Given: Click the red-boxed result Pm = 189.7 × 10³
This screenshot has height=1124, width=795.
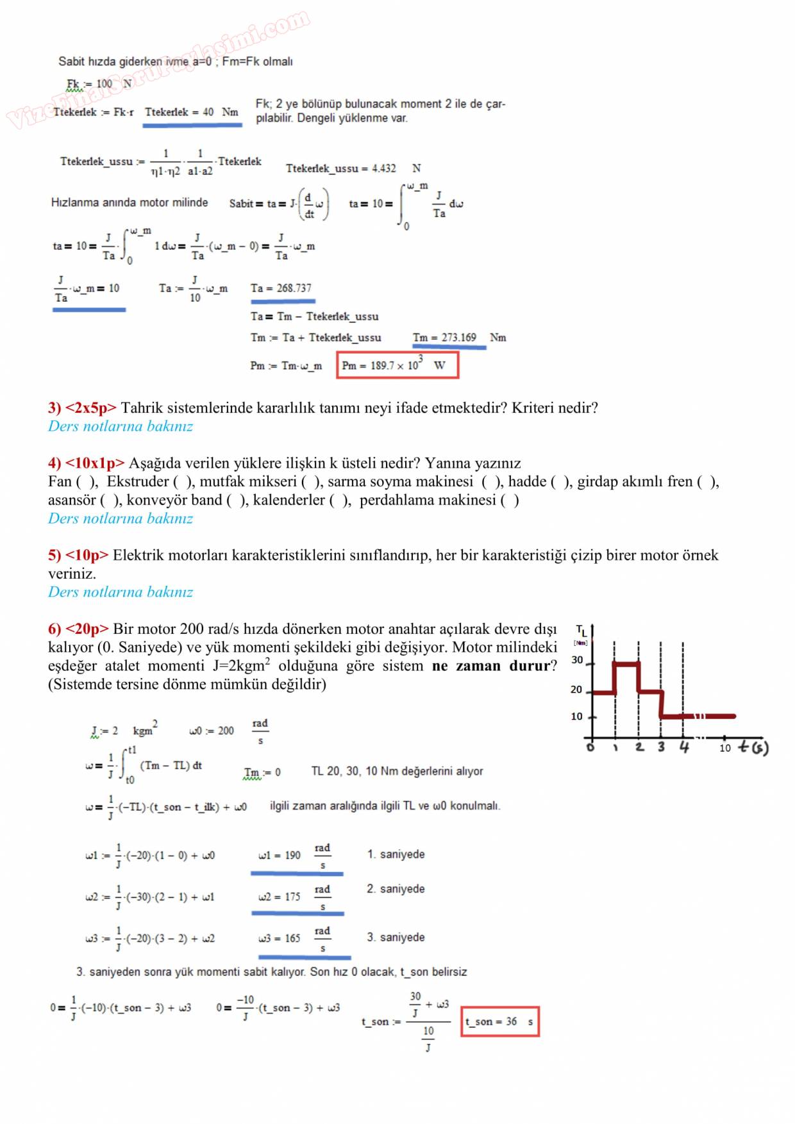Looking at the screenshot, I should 397,365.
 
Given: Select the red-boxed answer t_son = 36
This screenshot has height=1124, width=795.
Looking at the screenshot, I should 499,1021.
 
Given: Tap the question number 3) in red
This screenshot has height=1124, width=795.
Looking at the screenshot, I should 54,408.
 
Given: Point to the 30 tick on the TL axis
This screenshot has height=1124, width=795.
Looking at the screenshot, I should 577,660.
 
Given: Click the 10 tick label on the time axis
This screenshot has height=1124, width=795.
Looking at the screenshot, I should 724,748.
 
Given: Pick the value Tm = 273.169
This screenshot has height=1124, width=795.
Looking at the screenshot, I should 445,338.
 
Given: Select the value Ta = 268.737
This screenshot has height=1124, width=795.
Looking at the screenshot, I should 281,288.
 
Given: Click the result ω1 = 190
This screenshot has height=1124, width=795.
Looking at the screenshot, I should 280,855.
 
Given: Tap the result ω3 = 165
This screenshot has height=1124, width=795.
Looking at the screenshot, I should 280,938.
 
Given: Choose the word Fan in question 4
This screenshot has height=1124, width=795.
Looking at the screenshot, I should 60,482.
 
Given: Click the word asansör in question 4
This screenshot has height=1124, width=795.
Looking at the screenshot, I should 71,500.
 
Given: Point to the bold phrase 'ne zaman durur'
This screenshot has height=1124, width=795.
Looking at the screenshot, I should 491,666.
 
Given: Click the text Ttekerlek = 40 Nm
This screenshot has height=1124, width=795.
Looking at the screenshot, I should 192,112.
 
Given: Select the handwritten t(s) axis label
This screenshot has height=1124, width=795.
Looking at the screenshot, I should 753,747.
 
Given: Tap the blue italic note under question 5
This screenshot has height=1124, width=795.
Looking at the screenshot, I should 121,592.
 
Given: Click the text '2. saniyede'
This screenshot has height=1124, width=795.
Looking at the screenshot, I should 396,889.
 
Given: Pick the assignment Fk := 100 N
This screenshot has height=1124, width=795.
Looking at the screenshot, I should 99,84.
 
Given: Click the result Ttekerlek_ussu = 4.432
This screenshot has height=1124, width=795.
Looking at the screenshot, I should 341,169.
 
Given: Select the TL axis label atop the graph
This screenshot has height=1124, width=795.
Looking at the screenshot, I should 582,631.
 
